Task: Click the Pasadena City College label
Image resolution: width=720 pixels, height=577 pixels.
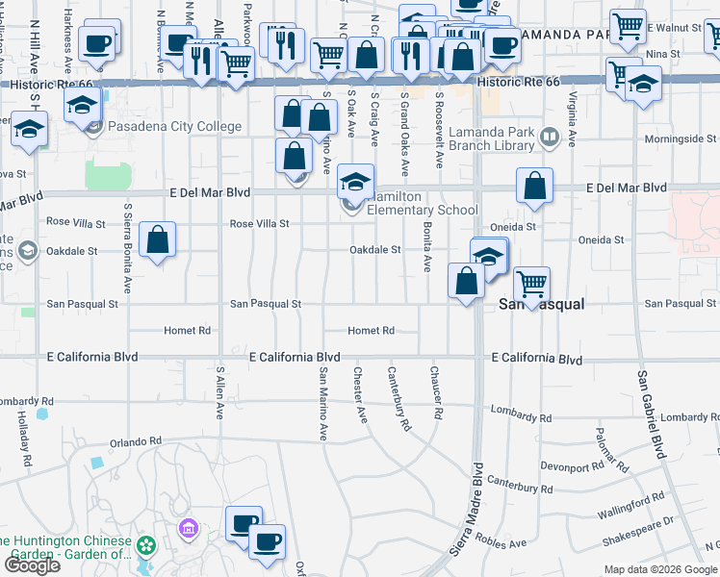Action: pos(161,126)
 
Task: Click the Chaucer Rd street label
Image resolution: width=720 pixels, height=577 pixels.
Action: pos(436,392)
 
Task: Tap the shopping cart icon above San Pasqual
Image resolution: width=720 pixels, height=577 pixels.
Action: pos(531,282)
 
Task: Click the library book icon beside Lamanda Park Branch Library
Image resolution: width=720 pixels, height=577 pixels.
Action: pos(549,137)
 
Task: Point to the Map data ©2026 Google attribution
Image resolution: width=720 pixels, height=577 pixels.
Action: pos(661,569)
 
